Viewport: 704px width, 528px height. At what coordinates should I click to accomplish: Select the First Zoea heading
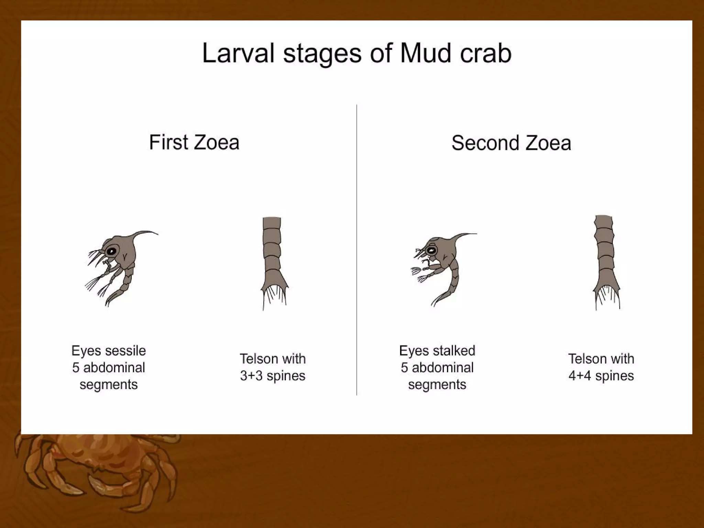[x=194, y=142]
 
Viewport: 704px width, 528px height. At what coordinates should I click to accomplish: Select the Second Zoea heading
[x=511, y=143]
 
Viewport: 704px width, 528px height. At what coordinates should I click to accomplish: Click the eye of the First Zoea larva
[x=111, y=251]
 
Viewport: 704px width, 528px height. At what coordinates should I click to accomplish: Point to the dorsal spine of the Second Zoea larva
[x=464, y=235]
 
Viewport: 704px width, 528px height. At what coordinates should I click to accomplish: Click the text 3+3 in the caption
[x=251, y=376]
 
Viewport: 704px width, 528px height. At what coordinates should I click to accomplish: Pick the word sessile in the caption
[x=125, y=351]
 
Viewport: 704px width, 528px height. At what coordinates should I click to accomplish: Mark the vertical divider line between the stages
[x=357, y=251]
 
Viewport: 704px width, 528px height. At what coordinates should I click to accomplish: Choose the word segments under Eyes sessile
[x=109, y=384]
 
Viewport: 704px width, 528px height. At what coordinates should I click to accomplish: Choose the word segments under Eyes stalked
[x=437, y=384]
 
